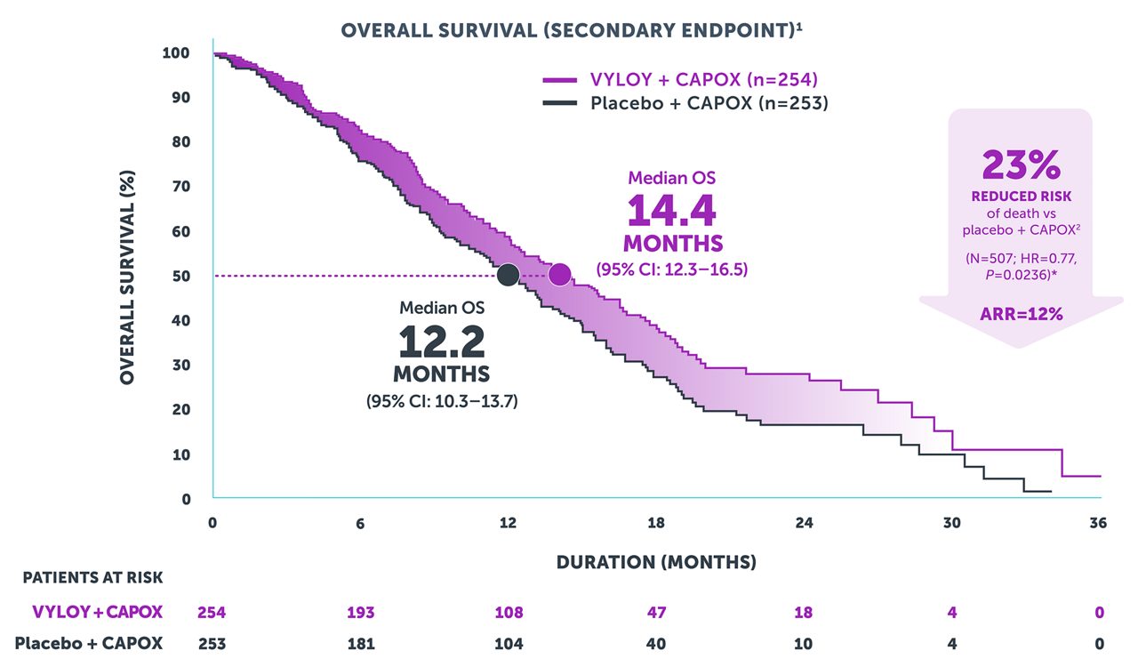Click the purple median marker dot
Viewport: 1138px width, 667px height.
coord(559,275)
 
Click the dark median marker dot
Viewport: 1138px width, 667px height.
coord(508,275)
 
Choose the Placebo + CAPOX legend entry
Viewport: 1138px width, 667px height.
coord(685,103)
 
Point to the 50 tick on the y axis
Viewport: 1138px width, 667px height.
coord(181,276)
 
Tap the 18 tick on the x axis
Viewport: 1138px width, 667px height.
coord(656,523)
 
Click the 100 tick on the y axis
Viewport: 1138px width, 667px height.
coord(176,52)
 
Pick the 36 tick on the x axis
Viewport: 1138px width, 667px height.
coord(1099,523)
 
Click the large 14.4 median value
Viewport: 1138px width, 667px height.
coord(671,211)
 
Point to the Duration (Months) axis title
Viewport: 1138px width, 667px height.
coord(656,562)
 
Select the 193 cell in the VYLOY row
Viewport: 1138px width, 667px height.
coord(360,612)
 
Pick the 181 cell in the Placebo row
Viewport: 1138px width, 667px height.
coord(360,642)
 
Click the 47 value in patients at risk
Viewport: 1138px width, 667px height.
coord(656,612)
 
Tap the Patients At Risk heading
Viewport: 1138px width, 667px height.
coord(93,577)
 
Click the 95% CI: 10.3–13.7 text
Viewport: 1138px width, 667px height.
coord(442,401)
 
